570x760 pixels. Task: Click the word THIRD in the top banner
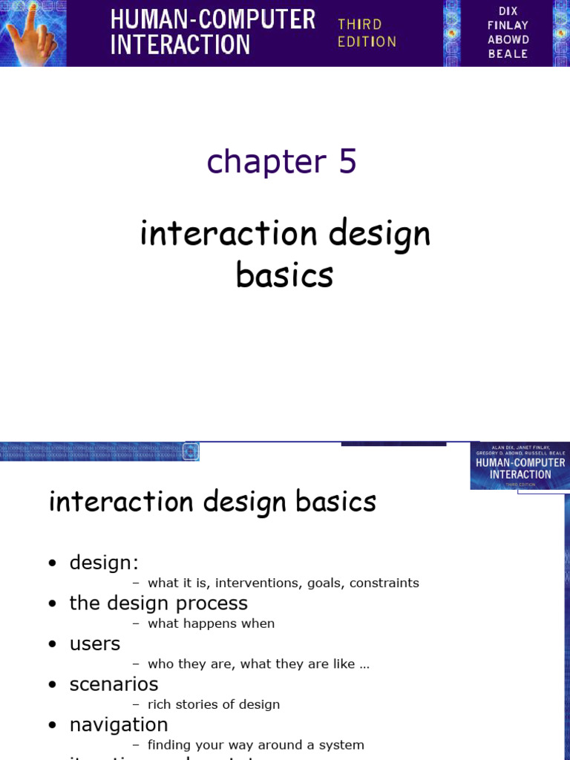click(360, 24)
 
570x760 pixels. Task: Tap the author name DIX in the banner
click(508, 11)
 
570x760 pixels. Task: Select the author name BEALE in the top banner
click(508, 53)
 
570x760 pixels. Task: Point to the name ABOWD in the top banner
click(508, 39)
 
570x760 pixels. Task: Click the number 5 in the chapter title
click(347, 161)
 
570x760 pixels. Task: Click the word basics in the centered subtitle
click(284, 275)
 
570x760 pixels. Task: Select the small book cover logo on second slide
click(520, 466)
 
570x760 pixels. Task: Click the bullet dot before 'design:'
click(52, 564)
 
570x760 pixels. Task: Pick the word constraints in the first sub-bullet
click(381, 583)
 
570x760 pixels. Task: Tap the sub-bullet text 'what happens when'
click(212, 624)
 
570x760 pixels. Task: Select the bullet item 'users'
click(94, 644)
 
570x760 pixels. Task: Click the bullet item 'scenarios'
click(114, 684)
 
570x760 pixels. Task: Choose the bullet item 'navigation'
click(119, 724)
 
